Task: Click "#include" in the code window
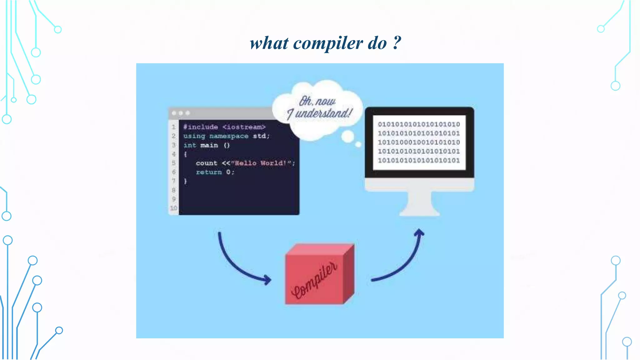pos(201,127)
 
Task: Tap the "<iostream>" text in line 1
pos(244,127)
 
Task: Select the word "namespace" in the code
pos(229,136)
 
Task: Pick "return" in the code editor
pos(209,172)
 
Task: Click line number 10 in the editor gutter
pos(173,208)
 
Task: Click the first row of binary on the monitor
pos(419,124)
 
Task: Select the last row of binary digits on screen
pos(419,161)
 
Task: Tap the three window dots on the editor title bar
pos(181,113)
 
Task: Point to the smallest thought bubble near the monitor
pos(358,144)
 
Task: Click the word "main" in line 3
pos(209,145)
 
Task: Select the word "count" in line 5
pos(206,163)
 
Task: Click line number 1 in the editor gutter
pos(173,127)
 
